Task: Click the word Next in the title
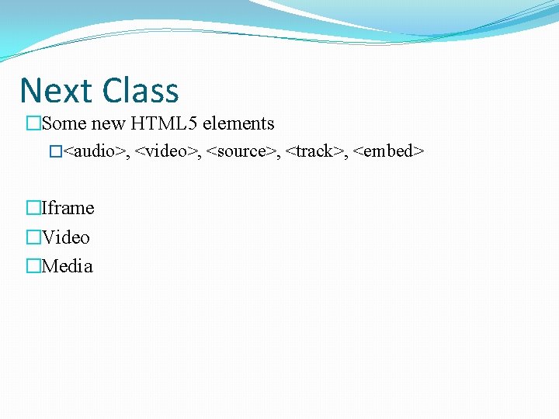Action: point(55,91)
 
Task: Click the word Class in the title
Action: point(139,91)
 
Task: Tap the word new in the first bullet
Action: point(107,123)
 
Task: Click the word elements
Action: point(238,123)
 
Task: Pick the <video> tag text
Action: point(167,151)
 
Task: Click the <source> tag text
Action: point(241,151)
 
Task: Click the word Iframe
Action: point(68,208)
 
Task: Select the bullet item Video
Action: point(66,237)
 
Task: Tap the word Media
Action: point(68,266)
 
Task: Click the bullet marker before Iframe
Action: point(33,208)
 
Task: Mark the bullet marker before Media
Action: point(33,266)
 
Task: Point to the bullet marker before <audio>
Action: point(54,151)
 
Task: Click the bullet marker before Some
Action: point(33,123)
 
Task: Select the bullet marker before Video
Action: point(33,237)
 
